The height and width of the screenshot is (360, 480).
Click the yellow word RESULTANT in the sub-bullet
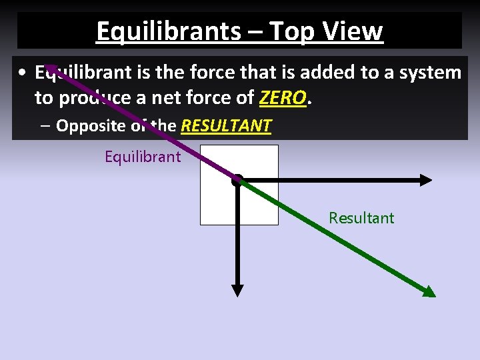coord(226,126)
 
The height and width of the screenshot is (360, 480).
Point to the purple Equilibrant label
coord(143,157)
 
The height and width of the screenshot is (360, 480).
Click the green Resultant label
coord(361,218)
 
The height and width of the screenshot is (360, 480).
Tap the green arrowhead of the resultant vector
coord(429,291)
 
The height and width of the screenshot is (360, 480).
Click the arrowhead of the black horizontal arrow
coord(426,179)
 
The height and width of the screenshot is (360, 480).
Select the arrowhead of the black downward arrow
coord(237,290)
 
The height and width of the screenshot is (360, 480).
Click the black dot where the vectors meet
coord(237,179)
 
